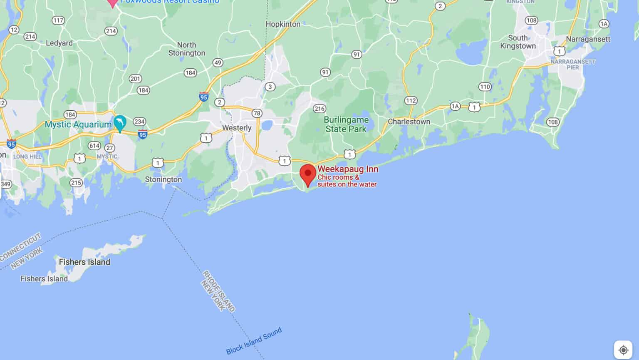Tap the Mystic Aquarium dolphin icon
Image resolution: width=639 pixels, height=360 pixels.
[x=120, y=122]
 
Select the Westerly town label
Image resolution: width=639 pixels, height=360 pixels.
[x=237, y=128]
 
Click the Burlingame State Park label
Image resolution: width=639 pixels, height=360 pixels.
[x=346, y=124]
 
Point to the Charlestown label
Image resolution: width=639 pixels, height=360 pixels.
[x=409, y=122]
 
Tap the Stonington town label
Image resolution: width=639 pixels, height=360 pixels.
[x=163, y=179]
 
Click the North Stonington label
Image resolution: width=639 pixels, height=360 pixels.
[x=187, y=49]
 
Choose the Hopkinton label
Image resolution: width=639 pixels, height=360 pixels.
[x=283, y=24]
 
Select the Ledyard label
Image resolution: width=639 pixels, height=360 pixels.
[x=59, y=43]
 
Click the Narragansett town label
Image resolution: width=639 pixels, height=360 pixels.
[x=588, y=39]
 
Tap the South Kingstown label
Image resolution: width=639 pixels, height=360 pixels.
[x=518, y=42]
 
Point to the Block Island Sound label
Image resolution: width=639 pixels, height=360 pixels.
[x=254, y=341]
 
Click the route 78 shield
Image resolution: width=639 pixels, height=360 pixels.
[x=257, y=113]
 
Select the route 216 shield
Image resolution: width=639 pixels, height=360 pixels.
[x=319, y=109]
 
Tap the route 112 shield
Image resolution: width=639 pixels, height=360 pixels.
[x=411, y=100]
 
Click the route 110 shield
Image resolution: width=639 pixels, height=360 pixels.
[x=485, y=87]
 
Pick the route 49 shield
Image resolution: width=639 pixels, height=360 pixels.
[x=218, y=63]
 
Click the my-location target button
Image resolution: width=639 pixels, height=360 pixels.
[x=623, y=350]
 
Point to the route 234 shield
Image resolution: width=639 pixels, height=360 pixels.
[x=139, y=122]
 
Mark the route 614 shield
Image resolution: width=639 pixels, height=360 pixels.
[x=94, y=146]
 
